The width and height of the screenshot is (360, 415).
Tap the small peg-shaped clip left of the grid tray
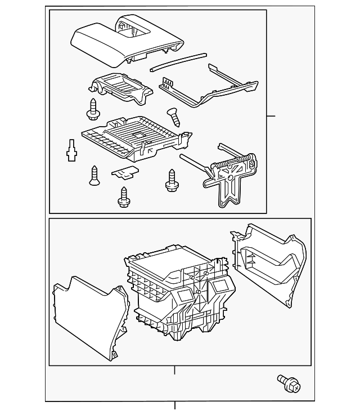71,150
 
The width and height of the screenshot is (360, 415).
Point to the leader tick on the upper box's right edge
271,116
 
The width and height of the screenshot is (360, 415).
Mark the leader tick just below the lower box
174,370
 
